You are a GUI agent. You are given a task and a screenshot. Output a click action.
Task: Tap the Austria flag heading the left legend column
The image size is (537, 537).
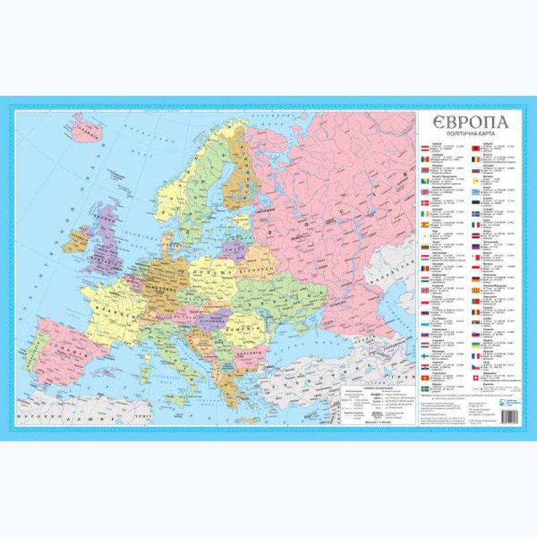[x=424, y=146]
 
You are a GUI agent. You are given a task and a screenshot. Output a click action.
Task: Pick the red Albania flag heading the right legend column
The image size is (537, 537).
[x=476, y=146]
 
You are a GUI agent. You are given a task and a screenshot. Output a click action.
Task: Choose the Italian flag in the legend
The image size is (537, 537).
[x=476, y=225]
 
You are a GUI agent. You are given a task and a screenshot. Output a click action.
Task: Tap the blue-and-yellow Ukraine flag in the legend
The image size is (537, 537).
[x=476, y=344]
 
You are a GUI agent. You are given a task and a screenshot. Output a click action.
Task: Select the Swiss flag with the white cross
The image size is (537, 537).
[x=476, y=378]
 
